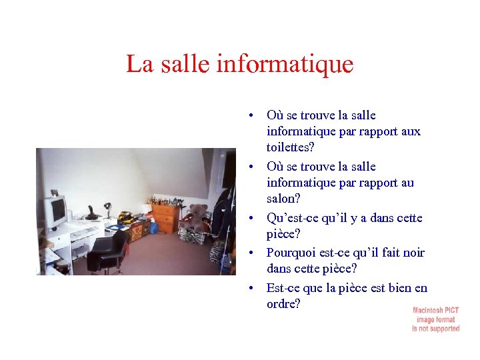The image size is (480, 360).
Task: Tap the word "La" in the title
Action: (x=139, y=65)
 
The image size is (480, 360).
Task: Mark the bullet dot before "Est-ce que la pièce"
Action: (x=249, y=288)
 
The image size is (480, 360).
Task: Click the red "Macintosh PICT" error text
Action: (x=436, y=311)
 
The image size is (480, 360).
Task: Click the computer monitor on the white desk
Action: (x=55, y=211)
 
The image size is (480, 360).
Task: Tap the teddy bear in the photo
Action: (x=197, y=217)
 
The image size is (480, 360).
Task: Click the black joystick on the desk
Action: (x=92, y=213)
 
